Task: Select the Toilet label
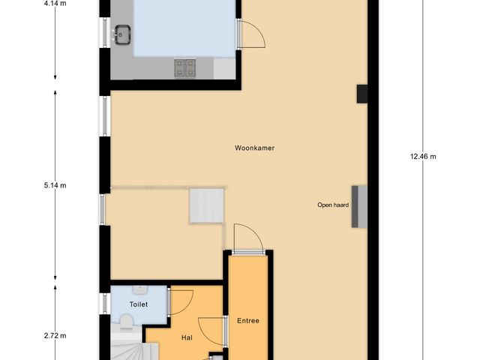pos(138,304)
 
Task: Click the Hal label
pos(187,337)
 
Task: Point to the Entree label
pos(248,321)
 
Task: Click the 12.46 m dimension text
pos(423,157)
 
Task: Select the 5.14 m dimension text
pos(55,185)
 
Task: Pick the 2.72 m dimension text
pos(55,335)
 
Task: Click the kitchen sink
pos(121,34)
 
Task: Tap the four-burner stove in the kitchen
pos(185,67)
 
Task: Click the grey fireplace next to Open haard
pos(359,205)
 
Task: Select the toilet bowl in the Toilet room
pos(126,322)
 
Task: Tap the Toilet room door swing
pos(181,301)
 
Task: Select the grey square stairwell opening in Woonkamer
pos(206,205)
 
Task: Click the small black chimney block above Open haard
pos(361,93)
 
